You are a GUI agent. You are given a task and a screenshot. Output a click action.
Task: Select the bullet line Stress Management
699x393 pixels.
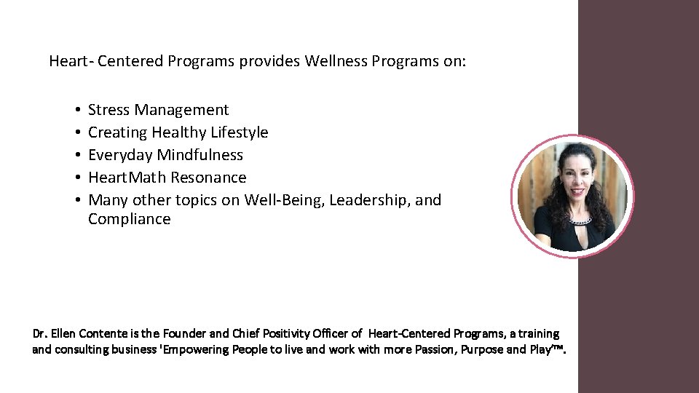point(158,110)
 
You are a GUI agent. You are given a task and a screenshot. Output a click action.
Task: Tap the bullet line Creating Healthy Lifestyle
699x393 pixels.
point(178,132)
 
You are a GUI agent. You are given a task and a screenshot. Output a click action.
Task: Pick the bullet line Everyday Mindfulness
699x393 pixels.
point(165,155)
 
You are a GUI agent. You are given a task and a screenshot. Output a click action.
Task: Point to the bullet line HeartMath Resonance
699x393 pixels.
point(167,178)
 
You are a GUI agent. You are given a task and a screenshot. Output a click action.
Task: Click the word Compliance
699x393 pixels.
point(129,219)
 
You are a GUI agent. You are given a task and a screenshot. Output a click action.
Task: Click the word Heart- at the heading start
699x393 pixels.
point(70,61)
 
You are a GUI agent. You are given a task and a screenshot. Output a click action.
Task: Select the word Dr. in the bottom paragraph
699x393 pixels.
point(40,334)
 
